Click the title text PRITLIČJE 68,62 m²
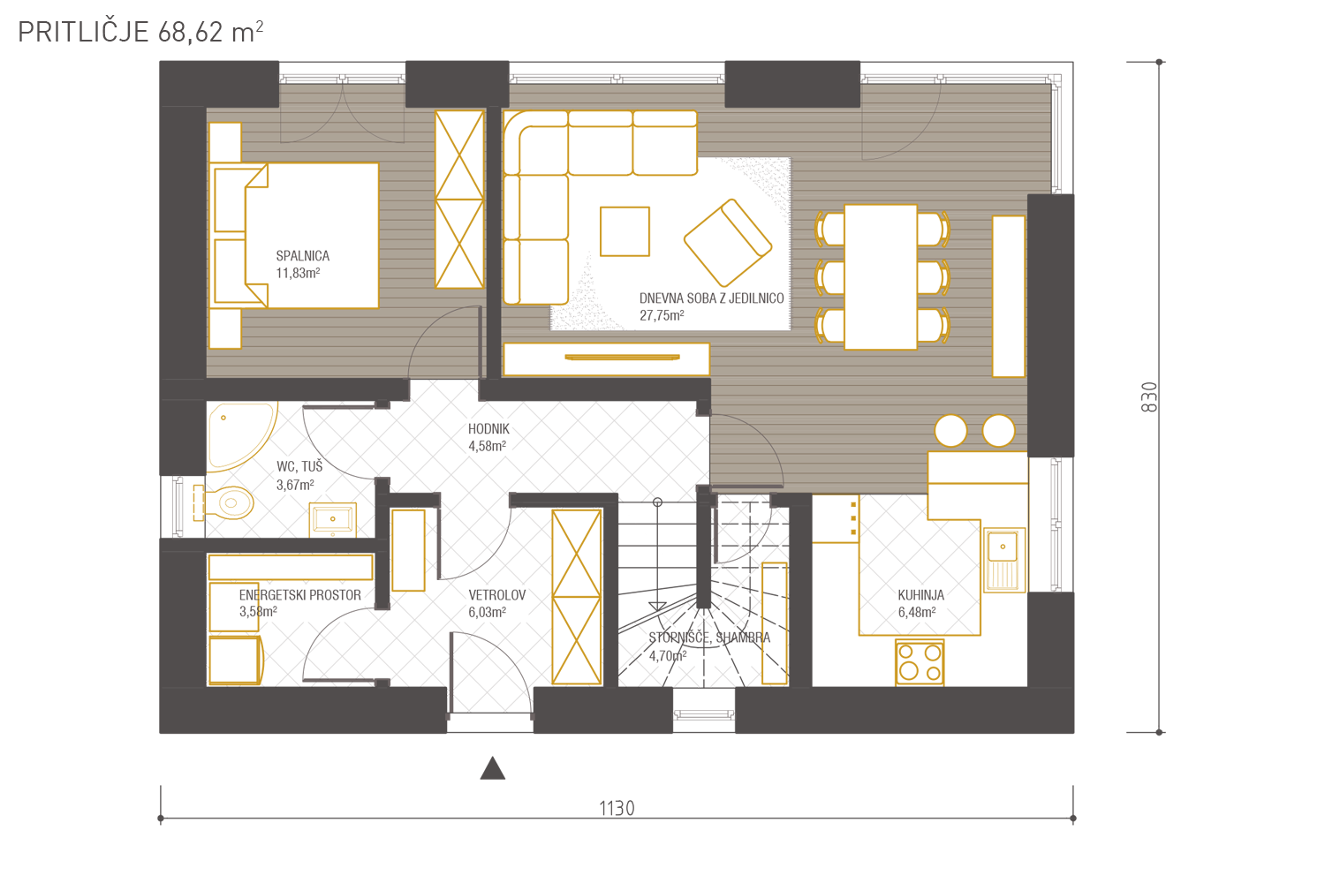(140, 32)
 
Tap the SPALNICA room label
(302, 256)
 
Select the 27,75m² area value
(662, 315)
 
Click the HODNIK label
(488, 429)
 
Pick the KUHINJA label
(921, 595)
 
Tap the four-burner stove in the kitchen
(920, 662)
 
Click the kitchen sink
(1004, 560)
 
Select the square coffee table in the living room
(625, 231)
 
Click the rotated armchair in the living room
(728, 243)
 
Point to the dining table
(881, 276)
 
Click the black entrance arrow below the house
(492, 768)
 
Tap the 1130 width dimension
(617, 808)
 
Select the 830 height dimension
(1148, 396)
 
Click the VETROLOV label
(496, 595)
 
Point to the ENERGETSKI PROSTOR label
(300, 595)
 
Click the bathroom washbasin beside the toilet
(332, 519)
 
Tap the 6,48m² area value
(917, 612)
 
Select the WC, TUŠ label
(299, 466)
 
